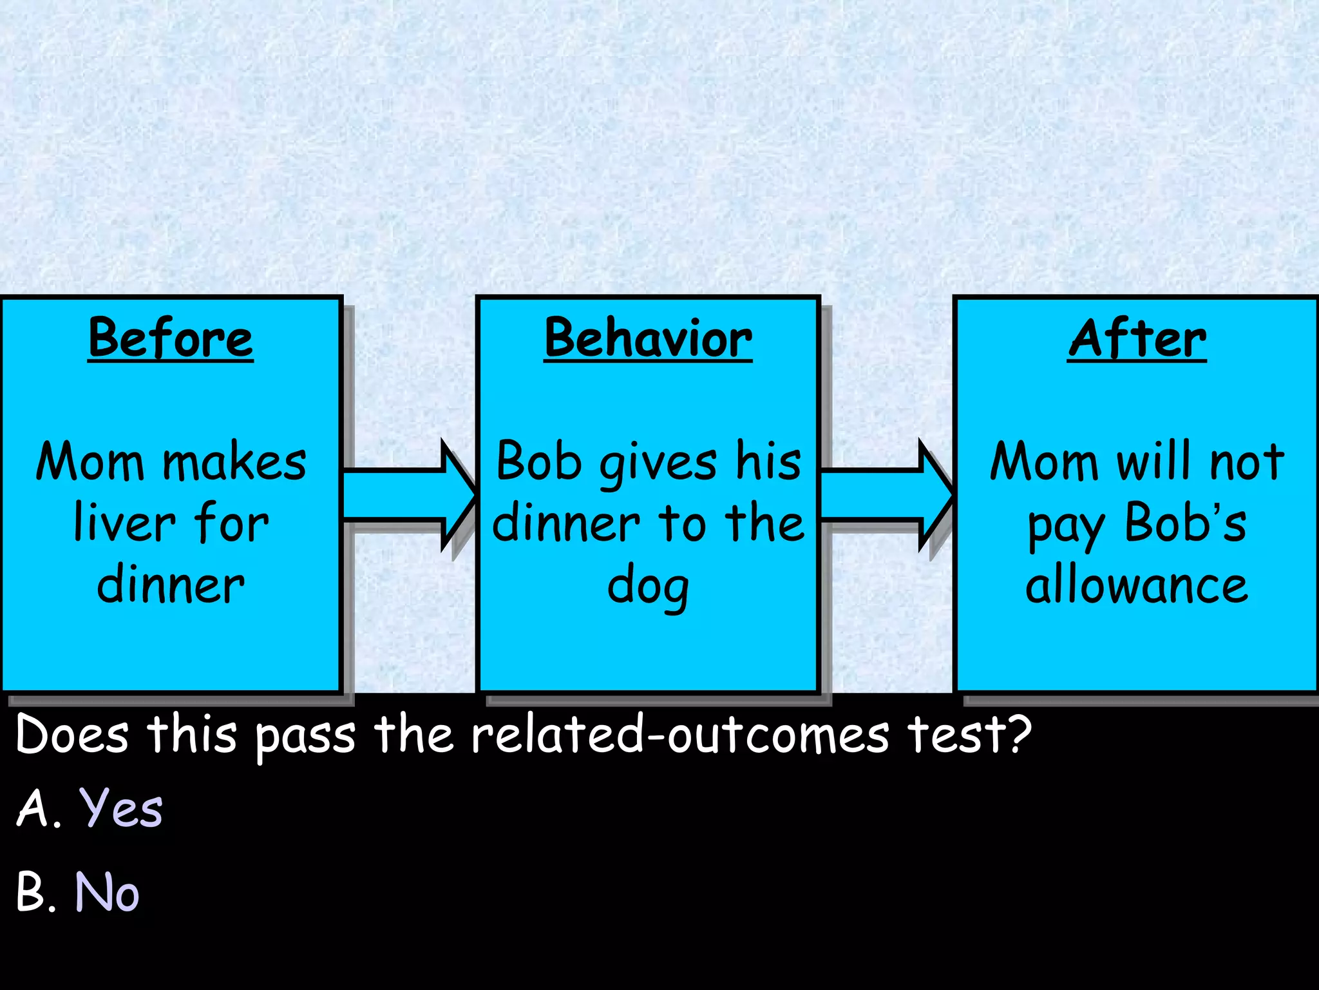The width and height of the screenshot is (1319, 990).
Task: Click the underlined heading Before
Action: pos(171,338)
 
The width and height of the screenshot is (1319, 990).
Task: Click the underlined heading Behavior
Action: pos(648,338)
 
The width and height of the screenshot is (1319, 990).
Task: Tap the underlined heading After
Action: pos(1137,338)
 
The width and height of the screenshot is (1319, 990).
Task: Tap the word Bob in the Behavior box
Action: pos(539,461)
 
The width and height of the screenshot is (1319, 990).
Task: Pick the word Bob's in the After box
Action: pos(1186,523)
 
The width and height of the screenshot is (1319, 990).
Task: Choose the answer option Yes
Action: pos(121,808)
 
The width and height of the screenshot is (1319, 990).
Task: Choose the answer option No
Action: pos(107,893)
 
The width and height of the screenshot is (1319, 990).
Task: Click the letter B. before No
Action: pos(35,893)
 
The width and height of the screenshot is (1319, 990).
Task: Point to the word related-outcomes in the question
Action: pos(680,734)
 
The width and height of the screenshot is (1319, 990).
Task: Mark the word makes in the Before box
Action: pos(234,463)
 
